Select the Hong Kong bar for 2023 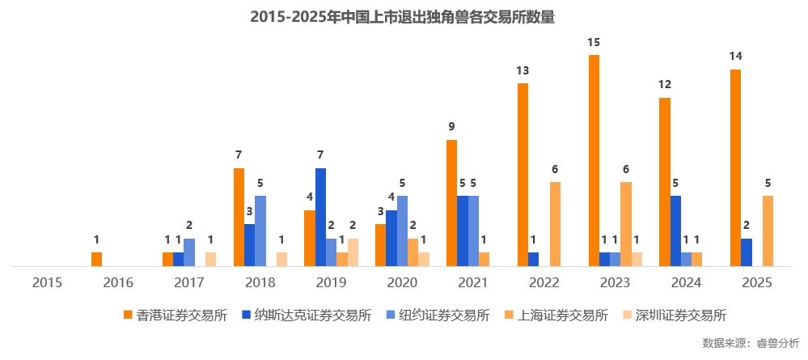(x=594, y=160)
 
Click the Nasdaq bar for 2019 (x=321, y=217)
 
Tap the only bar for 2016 (x=97, y=259)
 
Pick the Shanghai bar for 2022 (x=555, y=224)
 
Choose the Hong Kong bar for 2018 (x=239, y=217)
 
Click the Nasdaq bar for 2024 (x=675, y=231)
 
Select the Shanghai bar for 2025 (x=768, y=231)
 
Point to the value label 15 (x=594, y=41)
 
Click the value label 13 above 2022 (x=522, y=70)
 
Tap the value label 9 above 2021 (x=451, y=126)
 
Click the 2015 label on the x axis (x=47, y=282)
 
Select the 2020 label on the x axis (x=402, y=282)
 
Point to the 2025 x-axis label (x=756, y=282)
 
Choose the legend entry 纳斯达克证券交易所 (x=306, y=316)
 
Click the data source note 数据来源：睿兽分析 (x=751, y=343)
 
